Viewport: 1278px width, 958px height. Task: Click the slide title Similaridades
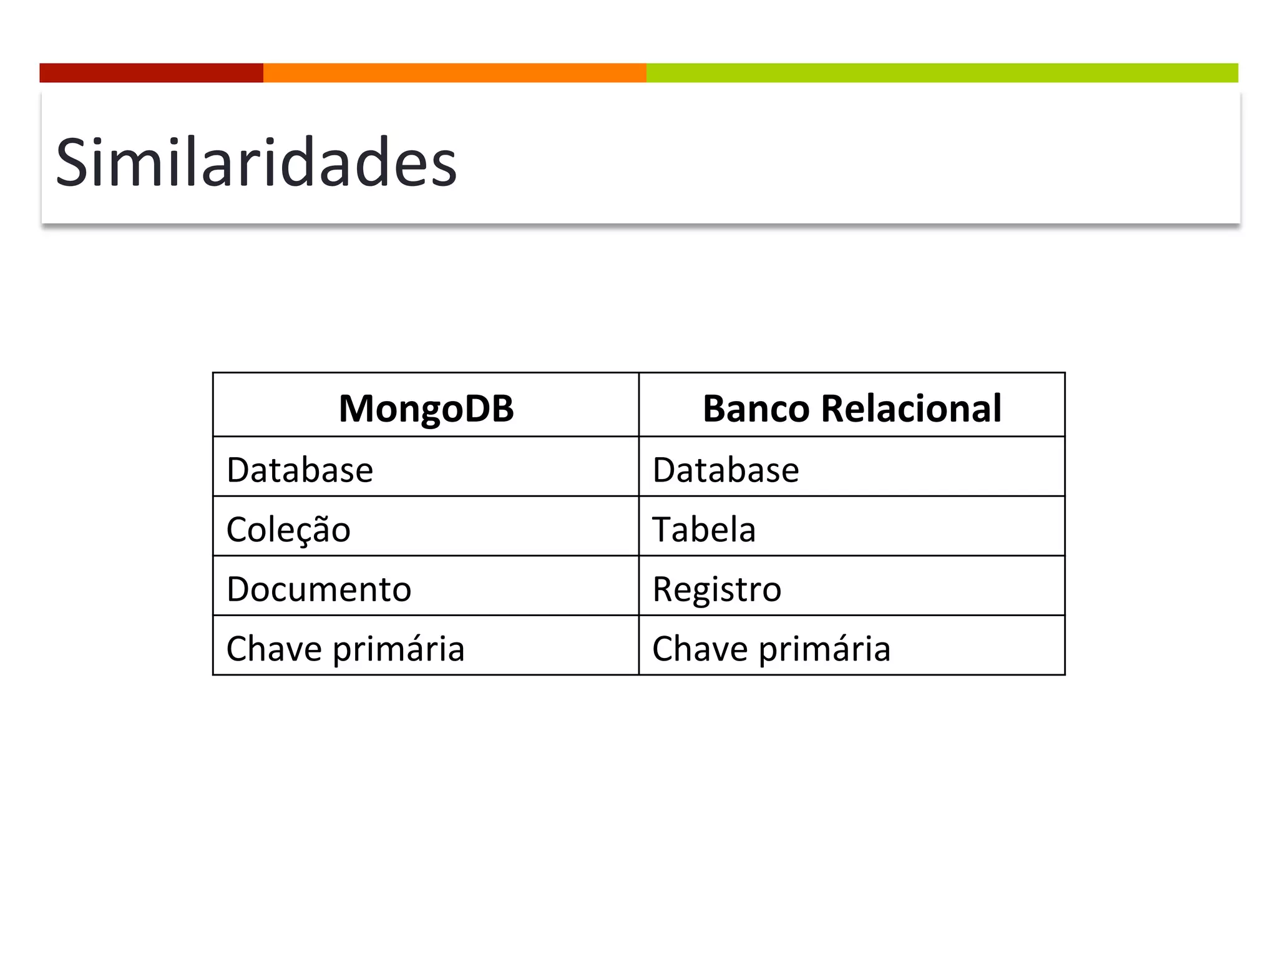(256, 163)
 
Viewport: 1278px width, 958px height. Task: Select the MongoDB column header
(426, 409)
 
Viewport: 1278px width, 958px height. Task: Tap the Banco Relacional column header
(852, 409)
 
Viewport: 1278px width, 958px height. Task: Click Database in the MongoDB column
(300, 470)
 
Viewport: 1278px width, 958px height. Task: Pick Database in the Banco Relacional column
(725, 470)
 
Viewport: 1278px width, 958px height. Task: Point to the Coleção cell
(288, 530)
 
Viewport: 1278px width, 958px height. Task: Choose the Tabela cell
(704, 530)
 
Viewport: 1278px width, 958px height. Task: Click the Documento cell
(319, 589)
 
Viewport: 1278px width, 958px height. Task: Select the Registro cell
(716, 589)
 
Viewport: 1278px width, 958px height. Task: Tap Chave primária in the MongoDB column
(345, 649)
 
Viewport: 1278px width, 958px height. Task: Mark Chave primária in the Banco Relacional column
(771, 649)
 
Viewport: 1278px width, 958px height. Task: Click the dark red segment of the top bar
(151, 73)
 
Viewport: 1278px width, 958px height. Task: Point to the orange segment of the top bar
(454, 73)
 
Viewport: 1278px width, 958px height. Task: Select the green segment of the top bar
(942, 73)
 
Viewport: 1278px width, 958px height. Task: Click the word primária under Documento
(399, 649)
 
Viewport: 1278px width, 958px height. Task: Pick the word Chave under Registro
(700, 649)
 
